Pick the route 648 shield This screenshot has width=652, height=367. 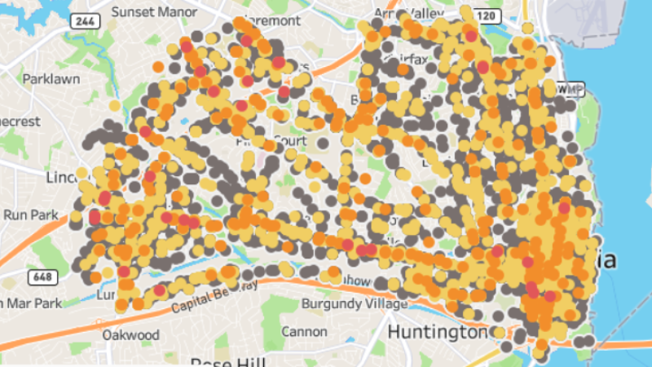click(x=40, y=278)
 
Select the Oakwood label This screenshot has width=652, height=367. click(x=130, y=334)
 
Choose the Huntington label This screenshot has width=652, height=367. click(x=436, y=333)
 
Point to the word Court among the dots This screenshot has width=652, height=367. click(x=289, y=140)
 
